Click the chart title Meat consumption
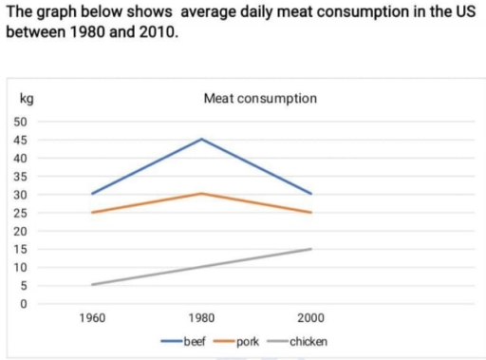260,98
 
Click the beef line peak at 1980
201,139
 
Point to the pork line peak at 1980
201,194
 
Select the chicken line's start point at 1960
92,285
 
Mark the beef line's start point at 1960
92,194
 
